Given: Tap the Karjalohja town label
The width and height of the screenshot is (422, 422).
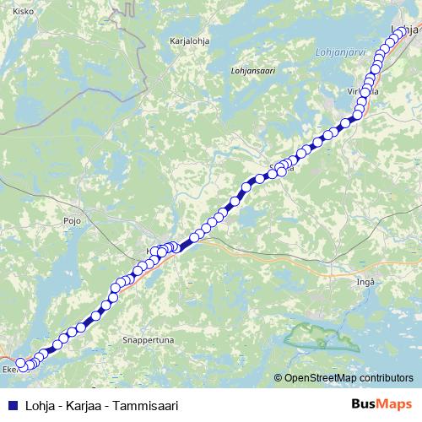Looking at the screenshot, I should point(189,40).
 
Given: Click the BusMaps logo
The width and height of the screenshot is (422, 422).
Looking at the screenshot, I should point(381,404).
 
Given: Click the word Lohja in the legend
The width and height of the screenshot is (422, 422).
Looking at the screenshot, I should point(38,405).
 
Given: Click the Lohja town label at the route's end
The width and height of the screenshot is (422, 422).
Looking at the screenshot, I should point(408,30).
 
